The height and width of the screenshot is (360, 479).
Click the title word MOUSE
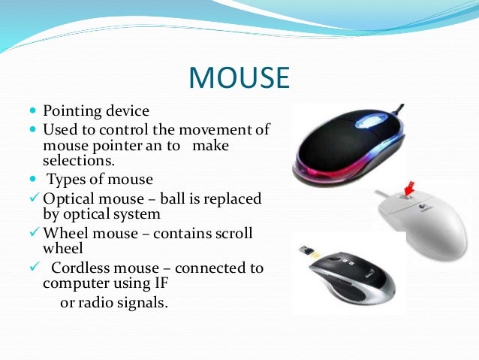point(239,77)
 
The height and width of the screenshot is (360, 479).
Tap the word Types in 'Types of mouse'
point(67,180)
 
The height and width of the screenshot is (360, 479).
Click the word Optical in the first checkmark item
point(68,199)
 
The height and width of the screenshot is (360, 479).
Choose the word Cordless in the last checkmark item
point(81,268)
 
